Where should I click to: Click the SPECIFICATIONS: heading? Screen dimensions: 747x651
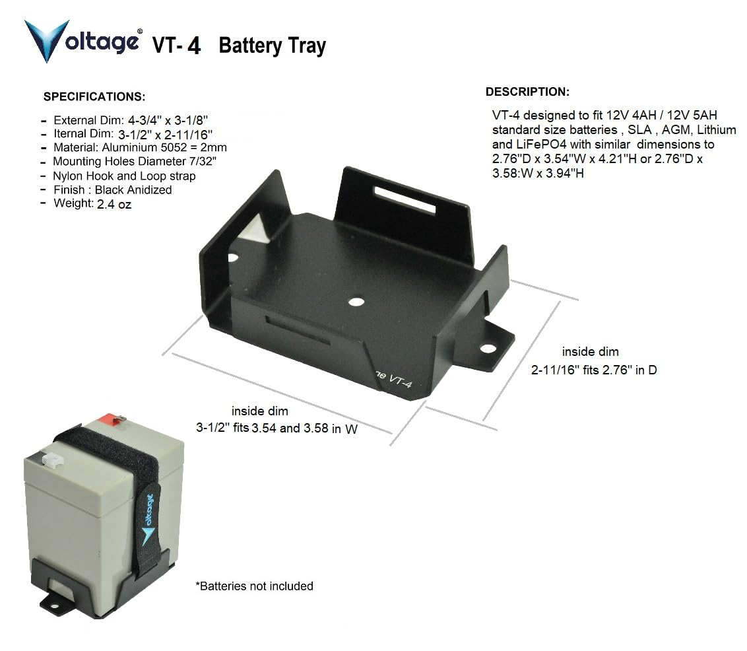click(x=94, y=97)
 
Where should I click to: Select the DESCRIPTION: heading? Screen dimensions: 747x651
click(x=527, y=92)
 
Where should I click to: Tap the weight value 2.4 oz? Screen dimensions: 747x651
click(x=114, y=205)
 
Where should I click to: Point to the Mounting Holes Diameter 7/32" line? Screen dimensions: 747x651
click(x=135, y=162)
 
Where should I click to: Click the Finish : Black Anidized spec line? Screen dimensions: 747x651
click(x=112, y=189)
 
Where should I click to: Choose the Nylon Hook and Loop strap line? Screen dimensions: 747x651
click(x=124, y=176)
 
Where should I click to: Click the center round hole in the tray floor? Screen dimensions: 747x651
click(x=356, y=302)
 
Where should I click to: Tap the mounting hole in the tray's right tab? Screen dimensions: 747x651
click(x=488, y=349)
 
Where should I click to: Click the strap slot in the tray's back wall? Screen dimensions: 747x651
click(x=405, y=200)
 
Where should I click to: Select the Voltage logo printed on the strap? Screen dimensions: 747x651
click(x=148, y=520)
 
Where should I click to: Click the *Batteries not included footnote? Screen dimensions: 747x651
click(x=255, y=586)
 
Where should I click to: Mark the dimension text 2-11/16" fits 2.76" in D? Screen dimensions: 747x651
click(x=594, y=370)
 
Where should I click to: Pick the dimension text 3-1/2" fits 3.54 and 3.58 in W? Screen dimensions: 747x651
click(x=276, y=428)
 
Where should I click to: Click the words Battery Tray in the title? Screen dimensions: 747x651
click(x=273, y=46)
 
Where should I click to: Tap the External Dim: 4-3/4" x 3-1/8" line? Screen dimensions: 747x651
click(x=131, y=121)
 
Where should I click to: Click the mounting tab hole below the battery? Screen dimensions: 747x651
click(x=54, y=605)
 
